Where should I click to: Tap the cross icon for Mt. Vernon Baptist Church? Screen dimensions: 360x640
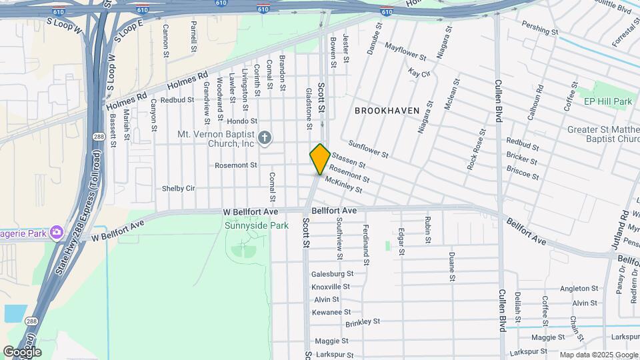point(265,139)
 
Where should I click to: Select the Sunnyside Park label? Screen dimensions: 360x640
point(266,225)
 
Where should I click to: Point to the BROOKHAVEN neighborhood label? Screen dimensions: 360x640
point(387,111)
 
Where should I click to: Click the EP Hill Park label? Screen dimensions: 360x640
point(607,101)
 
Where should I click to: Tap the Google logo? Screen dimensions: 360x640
point(22,351)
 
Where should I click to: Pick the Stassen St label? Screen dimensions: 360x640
point(349,160)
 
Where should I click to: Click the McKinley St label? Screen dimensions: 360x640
point(343,185)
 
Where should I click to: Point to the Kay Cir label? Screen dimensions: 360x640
point(419,73)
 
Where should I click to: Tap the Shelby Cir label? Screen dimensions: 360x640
point(178,189)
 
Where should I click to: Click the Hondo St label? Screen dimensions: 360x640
point(242,121)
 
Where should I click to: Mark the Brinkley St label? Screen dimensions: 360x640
point(363,323)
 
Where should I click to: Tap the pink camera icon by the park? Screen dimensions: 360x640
point(56,231)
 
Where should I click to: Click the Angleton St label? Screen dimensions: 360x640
point(579,289)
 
